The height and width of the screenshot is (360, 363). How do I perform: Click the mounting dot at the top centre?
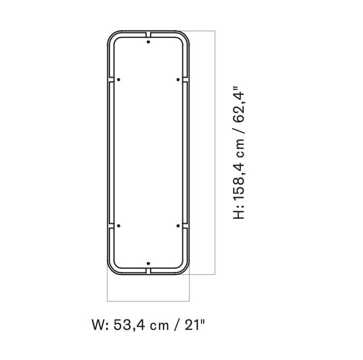click(x=148, y=42)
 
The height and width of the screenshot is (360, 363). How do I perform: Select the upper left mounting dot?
click(x=119, y=79)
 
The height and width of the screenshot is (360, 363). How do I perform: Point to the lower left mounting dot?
click(x=119, y=225)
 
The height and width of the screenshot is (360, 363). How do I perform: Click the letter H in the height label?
click(x=239, y=213)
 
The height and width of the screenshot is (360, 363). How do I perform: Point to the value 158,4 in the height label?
click(x=239, y=176)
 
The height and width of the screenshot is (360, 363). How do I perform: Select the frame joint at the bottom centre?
click(x=148, y=270)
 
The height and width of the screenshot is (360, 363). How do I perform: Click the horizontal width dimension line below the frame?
click(x=148, y=300)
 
